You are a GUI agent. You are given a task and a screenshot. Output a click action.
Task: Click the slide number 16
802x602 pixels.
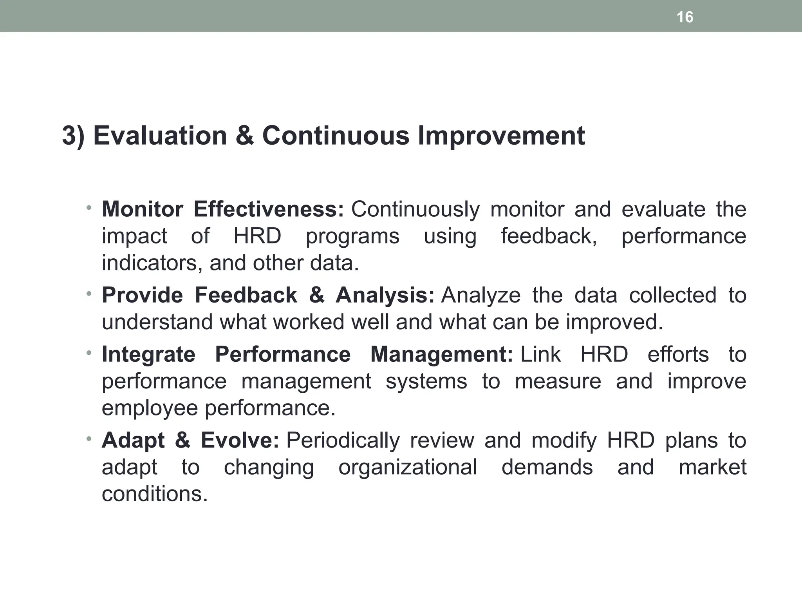[x=685, y=17]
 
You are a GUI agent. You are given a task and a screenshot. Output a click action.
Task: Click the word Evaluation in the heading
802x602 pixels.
[x=160, y=136]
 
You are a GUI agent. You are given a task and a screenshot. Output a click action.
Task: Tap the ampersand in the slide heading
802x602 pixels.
[x=245, y=136]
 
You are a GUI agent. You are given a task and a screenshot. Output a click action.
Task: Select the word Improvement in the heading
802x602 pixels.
[x=501, y=136]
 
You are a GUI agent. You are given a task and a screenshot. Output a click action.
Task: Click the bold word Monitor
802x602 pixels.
[x=142, y=209]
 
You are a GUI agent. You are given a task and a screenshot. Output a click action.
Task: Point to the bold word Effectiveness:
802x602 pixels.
[x=269, y=209]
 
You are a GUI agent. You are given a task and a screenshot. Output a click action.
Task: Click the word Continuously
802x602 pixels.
[x=415, y=210]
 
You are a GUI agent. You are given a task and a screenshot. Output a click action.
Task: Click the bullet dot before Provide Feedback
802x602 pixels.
[x=89, y=293]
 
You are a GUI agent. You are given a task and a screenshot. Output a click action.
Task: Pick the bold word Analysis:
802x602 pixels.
[x=385, y=295]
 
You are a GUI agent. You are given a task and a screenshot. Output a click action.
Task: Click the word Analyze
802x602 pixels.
[x=480, y=296]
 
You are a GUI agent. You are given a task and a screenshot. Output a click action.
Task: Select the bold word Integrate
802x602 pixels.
[x=148, y=354]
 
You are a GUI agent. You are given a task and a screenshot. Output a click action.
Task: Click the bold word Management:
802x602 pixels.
[x=441, y=354]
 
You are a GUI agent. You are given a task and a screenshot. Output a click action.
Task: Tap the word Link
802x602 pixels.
[x=540, y=354]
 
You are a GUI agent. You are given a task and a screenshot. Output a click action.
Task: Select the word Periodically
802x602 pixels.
[x=343, y=441]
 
